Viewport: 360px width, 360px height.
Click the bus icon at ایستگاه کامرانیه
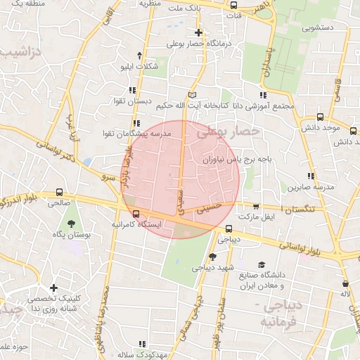coord(136,214)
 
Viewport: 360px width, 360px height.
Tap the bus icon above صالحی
coord(60,192)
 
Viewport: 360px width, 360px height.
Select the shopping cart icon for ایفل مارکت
coord(255,207)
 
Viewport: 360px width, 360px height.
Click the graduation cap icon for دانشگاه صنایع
coord(262,265)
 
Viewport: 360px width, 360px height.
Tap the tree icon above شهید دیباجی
coord(212,257)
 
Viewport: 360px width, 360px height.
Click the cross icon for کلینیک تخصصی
coord(53,288)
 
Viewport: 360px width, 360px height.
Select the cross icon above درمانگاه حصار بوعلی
coord(199,32)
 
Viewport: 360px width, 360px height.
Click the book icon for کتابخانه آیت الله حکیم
coord(193,94)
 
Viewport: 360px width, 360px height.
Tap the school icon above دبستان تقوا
coord(133,90)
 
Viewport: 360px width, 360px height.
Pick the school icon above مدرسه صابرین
coord(310,176)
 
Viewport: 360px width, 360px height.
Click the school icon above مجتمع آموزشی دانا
coord(262,95)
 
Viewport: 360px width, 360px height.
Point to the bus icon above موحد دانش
coord(321,117)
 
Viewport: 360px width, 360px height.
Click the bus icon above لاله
coord(345,283)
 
